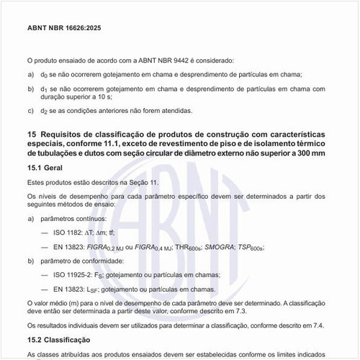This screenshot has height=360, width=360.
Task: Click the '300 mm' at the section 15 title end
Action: tap(308, 153)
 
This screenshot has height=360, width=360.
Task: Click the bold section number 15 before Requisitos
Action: tap(32, 134)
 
